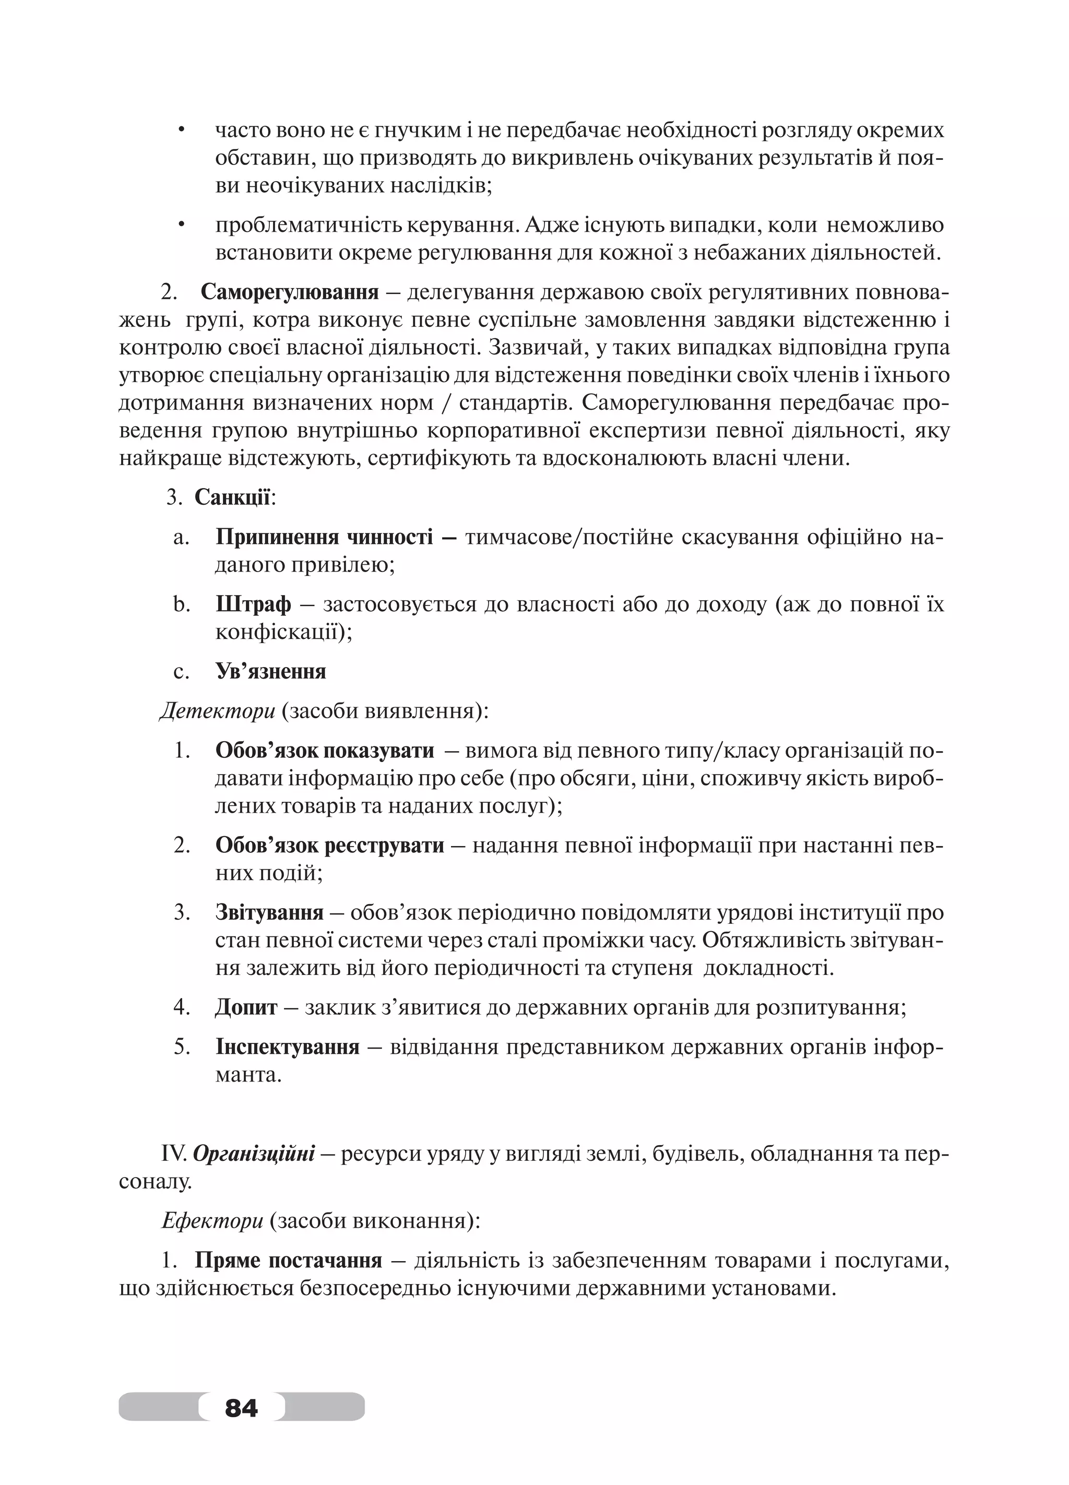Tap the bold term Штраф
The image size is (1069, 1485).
[x=253, y=604]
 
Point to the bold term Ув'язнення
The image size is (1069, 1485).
[x=270, y=671]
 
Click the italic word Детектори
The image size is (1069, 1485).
[x=217, y=710]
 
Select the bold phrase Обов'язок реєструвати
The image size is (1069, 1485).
[x=329, y=845]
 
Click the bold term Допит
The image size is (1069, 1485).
[x=246, y=1006]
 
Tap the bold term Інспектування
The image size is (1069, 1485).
[x=288, y=1047]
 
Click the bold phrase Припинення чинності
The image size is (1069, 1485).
[x=324, y=537]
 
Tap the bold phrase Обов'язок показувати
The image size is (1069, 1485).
[x=324, y=751]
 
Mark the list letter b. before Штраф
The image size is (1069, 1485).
[x=181, y=604]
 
